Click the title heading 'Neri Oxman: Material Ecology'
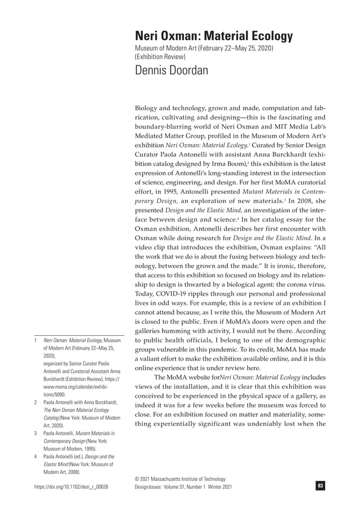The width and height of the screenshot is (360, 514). coord(214,37)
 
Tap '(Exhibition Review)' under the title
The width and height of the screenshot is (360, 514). coord(159,57)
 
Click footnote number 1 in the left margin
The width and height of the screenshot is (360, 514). coord(36,341)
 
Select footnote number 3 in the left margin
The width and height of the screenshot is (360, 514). coord(36,433)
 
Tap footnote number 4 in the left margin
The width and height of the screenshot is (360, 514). coord(36,456)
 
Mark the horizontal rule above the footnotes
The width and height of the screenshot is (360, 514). coord(79,335)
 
